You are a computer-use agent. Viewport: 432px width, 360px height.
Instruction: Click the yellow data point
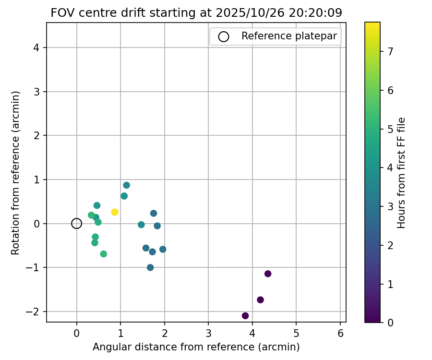[x=114, y=212]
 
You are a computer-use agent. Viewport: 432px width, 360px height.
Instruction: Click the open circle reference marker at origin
[x=76, y=223]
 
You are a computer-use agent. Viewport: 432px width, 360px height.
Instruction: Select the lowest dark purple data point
[x=245, y=315]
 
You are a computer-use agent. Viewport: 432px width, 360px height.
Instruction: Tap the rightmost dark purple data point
[x=268, y=274]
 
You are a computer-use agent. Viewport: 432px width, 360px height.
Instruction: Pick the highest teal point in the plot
[x=126, y=185]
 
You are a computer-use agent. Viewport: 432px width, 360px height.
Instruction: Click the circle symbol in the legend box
[x=223, y=36]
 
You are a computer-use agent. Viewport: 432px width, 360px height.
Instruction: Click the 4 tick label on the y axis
[x=37, y=48]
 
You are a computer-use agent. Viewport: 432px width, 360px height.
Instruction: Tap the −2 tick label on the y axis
[x=35, y=312]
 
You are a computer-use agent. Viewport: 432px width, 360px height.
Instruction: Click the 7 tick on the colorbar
[x=390, y=51]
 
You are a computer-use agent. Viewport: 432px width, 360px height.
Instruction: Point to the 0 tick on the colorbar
[x=390, y=323]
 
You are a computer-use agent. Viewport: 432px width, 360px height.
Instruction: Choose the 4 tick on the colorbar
[x=390, y=168]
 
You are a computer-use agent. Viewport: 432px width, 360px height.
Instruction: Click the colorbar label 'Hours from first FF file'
[x=402, y=172]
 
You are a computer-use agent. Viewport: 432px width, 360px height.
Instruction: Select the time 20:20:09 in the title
[x=315, y=13]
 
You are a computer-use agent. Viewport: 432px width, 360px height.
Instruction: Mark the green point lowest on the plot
[x=103, y=254]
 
